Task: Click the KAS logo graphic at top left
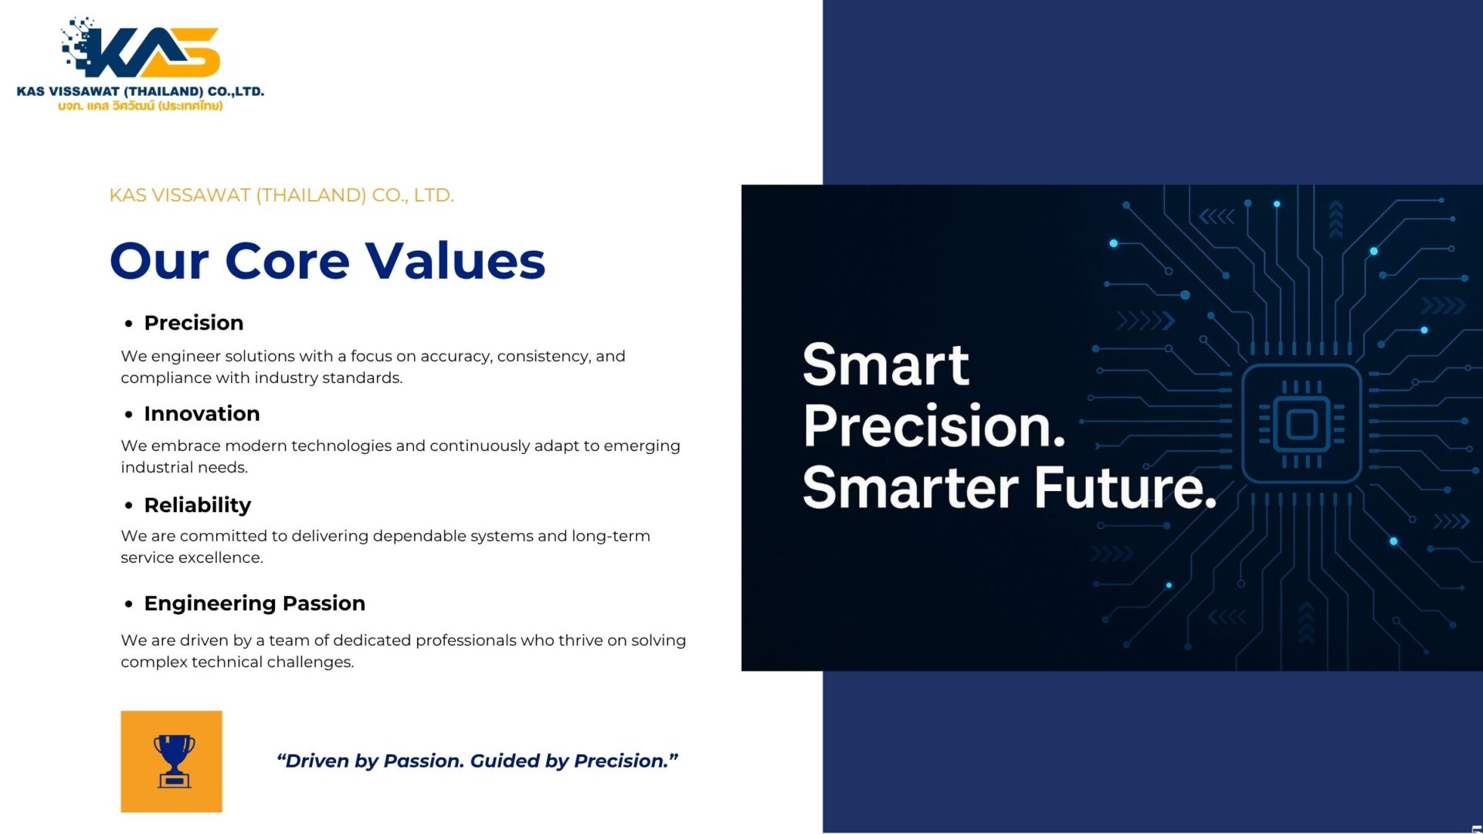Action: pos(141,47)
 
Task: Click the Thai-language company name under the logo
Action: pos(140,106)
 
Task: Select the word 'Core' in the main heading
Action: pos(287,260)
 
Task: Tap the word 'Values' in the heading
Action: pos(456,260)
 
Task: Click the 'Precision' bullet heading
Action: pos(194,323)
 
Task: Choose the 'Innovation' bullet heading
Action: pos(202,414)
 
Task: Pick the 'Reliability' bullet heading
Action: pos(198,505)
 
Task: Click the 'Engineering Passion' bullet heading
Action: pos(255,603)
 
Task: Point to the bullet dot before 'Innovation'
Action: pos(129,415)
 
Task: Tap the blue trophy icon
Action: pos(174,761)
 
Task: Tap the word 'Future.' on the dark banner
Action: pos(1125,487)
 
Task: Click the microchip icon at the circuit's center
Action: pos(1301,424)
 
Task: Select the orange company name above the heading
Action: pos(281,195)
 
